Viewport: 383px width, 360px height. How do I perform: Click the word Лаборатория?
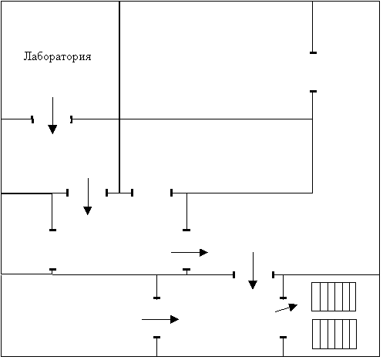point(57,56)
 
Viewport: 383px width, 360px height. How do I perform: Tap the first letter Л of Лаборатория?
point(27,56)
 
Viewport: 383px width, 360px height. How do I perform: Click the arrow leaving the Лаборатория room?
point(52,116)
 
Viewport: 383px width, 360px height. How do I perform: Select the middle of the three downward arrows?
point(88,197)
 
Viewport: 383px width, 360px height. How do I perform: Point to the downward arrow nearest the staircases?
point(253,271)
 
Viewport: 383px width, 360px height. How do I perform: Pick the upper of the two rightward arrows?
point(190,253)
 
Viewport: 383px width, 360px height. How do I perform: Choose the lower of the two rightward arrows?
point(160,319)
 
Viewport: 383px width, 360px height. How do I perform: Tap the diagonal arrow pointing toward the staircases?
point(287,308)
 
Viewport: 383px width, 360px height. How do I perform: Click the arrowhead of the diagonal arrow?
point(294,307)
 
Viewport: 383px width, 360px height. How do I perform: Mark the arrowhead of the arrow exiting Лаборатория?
point(52,130)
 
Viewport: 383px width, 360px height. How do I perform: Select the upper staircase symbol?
point(334,297)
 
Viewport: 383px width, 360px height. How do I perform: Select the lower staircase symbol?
point(334,334)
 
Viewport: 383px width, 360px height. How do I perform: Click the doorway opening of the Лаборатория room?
point(52,119)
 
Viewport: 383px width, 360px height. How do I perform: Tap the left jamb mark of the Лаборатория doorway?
point(32,119)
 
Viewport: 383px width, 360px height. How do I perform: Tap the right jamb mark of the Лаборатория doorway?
point(72,119)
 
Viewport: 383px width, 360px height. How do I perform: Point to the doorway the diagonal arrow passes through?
point(283,318)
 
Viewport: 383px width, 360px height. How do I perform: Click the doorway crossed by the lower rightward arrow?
point(156,318)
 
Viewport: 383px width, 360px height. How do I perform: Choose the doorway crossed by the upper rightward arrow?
point(186,250)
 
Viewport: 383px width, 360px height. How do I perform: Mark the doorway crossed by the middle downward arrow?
point(87,193)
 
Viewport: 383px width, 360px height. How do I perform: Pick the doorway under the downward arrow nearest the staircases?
point(254,274)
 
